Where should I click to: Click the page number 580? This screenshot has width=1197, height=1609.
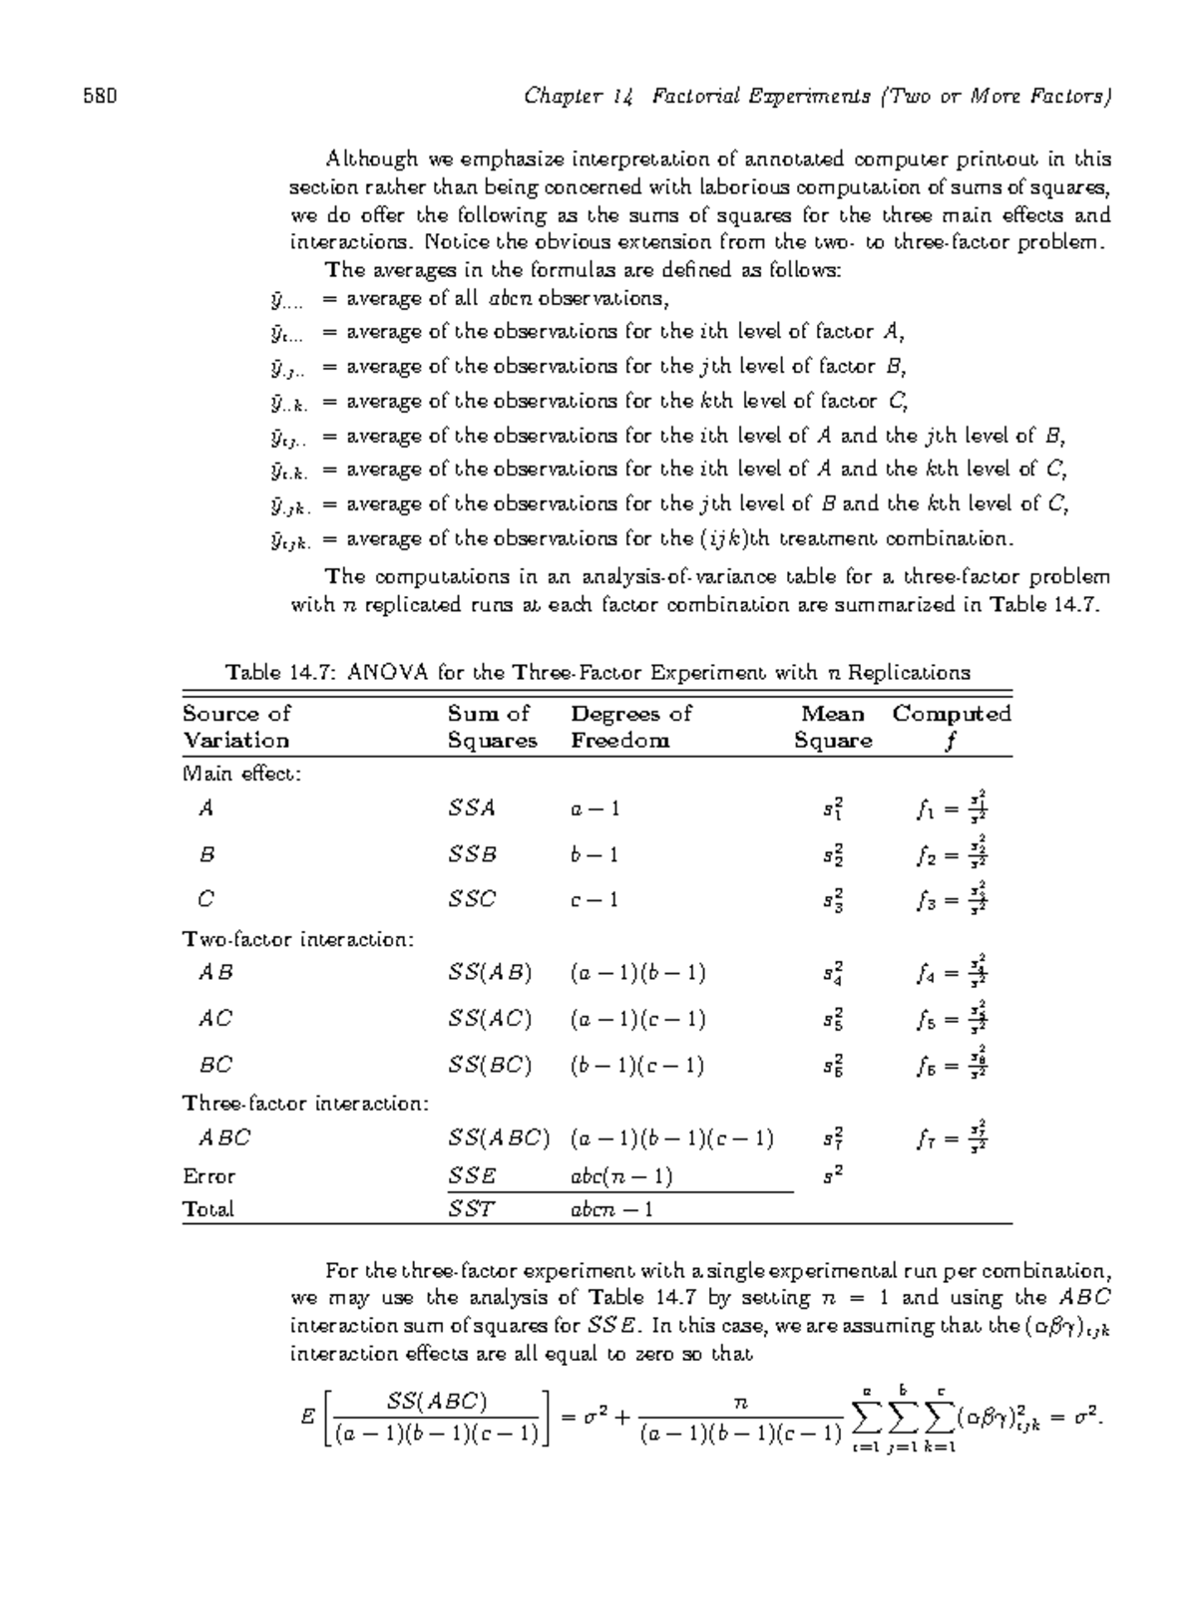[100, 97]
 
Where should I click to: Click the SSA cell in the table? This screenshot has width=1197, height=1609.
[472, 808]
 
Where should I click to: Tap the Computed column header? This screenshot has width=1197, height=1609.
[952, 714]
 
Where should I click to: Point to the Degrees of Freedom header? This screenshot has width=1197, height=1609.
[630, 727]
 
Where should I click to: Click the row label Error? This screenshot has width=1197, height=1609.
[208, 1176]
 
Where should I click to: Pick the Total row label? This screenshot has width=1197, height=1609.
[207, 1209]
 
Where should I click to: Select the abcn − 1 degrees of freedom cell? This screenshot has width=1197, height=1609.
[610, 1209]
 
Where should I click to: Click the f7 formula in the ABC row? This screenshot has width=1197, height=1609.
[952, 1136]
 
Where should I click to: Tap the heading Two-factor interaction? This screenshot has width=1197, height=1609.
[298, 939]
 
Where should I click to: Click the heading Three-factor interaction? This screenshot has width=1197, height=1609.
[306, 1104]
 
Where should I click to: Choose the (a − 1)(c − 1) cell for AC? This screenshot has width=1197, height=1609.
[637, 1019]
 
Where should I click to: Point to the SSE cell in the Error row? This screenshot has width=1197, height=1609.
[472, 1176]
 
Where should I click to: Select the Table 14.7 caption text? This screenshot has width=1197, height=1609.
[598, 672]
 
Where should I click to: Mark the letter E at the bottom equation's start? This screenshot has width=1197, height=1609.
[308, 1416]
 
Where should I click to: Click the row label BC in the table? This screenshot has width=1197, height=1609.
[215, 1065]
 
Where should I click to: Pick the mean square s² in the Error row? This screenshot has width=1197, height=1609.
[833, 1176]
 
